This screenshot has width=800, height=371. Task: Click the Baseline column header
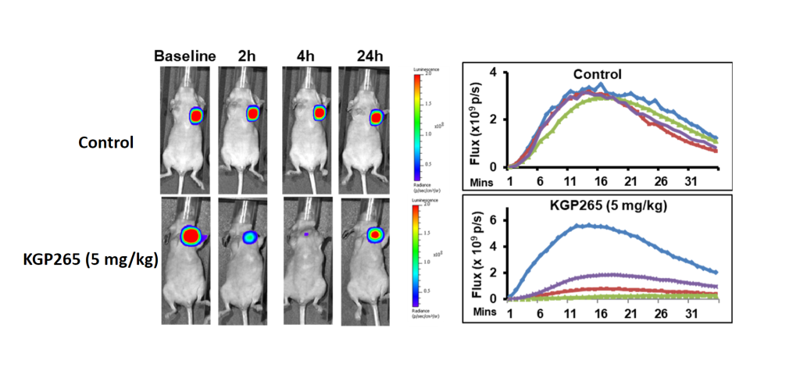tap(184, 55)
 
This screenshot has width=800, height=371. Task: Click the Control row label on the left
tap(105, 143)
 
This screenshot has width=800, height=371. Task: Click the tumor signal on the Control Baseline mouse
tap(196, 116)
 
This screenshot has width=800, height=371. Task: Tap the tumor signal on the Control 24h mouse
tap(377, 117)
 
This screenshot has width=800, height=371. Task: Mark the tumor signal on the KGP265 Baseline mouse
tap(191, 235)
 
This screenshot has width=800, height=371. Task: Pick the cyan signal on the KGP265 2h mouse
tap(248, 237)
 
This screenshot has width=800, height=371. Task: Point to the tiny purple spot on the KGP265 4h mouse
tap(307, 234)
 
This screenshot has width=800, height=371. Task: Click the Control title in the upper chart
tap(597, 75)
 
